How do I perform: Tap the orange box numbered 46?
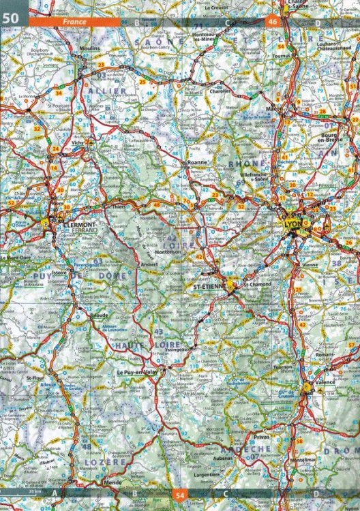point(273,21)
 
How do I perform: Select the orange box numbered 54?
point(180,494)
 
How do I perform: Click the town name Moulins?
point(90,50)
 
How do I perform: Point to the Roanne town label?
point(196,164)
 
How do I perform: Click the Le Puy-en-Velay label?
point(136,373)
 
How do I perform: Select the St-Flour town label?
point(34,377)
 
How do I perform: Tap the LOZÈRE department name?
point(106,462)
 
